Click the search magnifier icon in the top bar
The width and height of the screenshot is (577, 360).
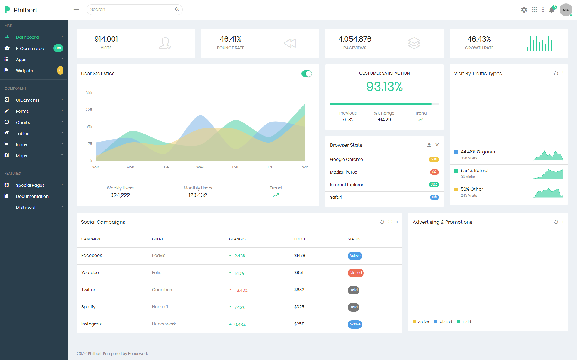(177, 10)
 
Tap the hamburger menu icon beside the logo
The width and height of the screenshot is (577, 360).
(76, 10)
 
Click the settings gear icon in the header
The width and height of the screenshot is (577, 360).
(524, 10)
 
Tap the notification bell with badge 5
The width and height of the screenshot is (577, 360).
(552, 10)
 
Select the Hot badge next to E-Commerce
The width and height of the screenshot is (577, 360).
(58, 48)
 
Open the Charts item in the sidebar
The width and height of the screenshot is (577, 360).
(23, 122)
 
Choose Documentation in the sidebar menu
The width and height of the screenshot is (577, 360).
(32, 196)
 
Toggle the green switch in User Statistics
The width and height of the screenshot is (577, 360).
(307, 74)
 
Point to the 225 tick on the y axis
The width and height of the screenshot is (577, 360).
(89, 110)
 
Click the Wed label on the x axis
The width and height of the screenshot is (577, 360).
(200, 167)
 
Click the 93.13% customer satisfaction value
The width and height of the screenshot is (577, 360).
(384, 87)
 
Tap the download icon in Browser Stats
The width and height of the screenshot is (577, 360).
(429, 145)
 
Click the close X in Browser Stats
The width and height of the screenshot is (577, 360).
(437, 145)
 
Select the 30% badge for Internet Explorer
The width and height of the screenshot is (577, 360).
(434, 185)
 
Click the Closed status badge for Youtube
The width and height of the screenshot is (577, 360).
(356, 273)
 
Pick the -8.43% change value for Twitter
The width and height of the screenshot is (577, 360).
(241, 290)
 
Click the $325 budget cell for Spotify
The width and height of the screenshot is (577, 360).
(299, 307)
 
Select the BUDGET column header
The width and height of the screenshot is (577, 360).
(301, 239)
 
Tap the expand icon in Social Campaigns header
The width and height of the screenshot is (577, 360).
(390, 222)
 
